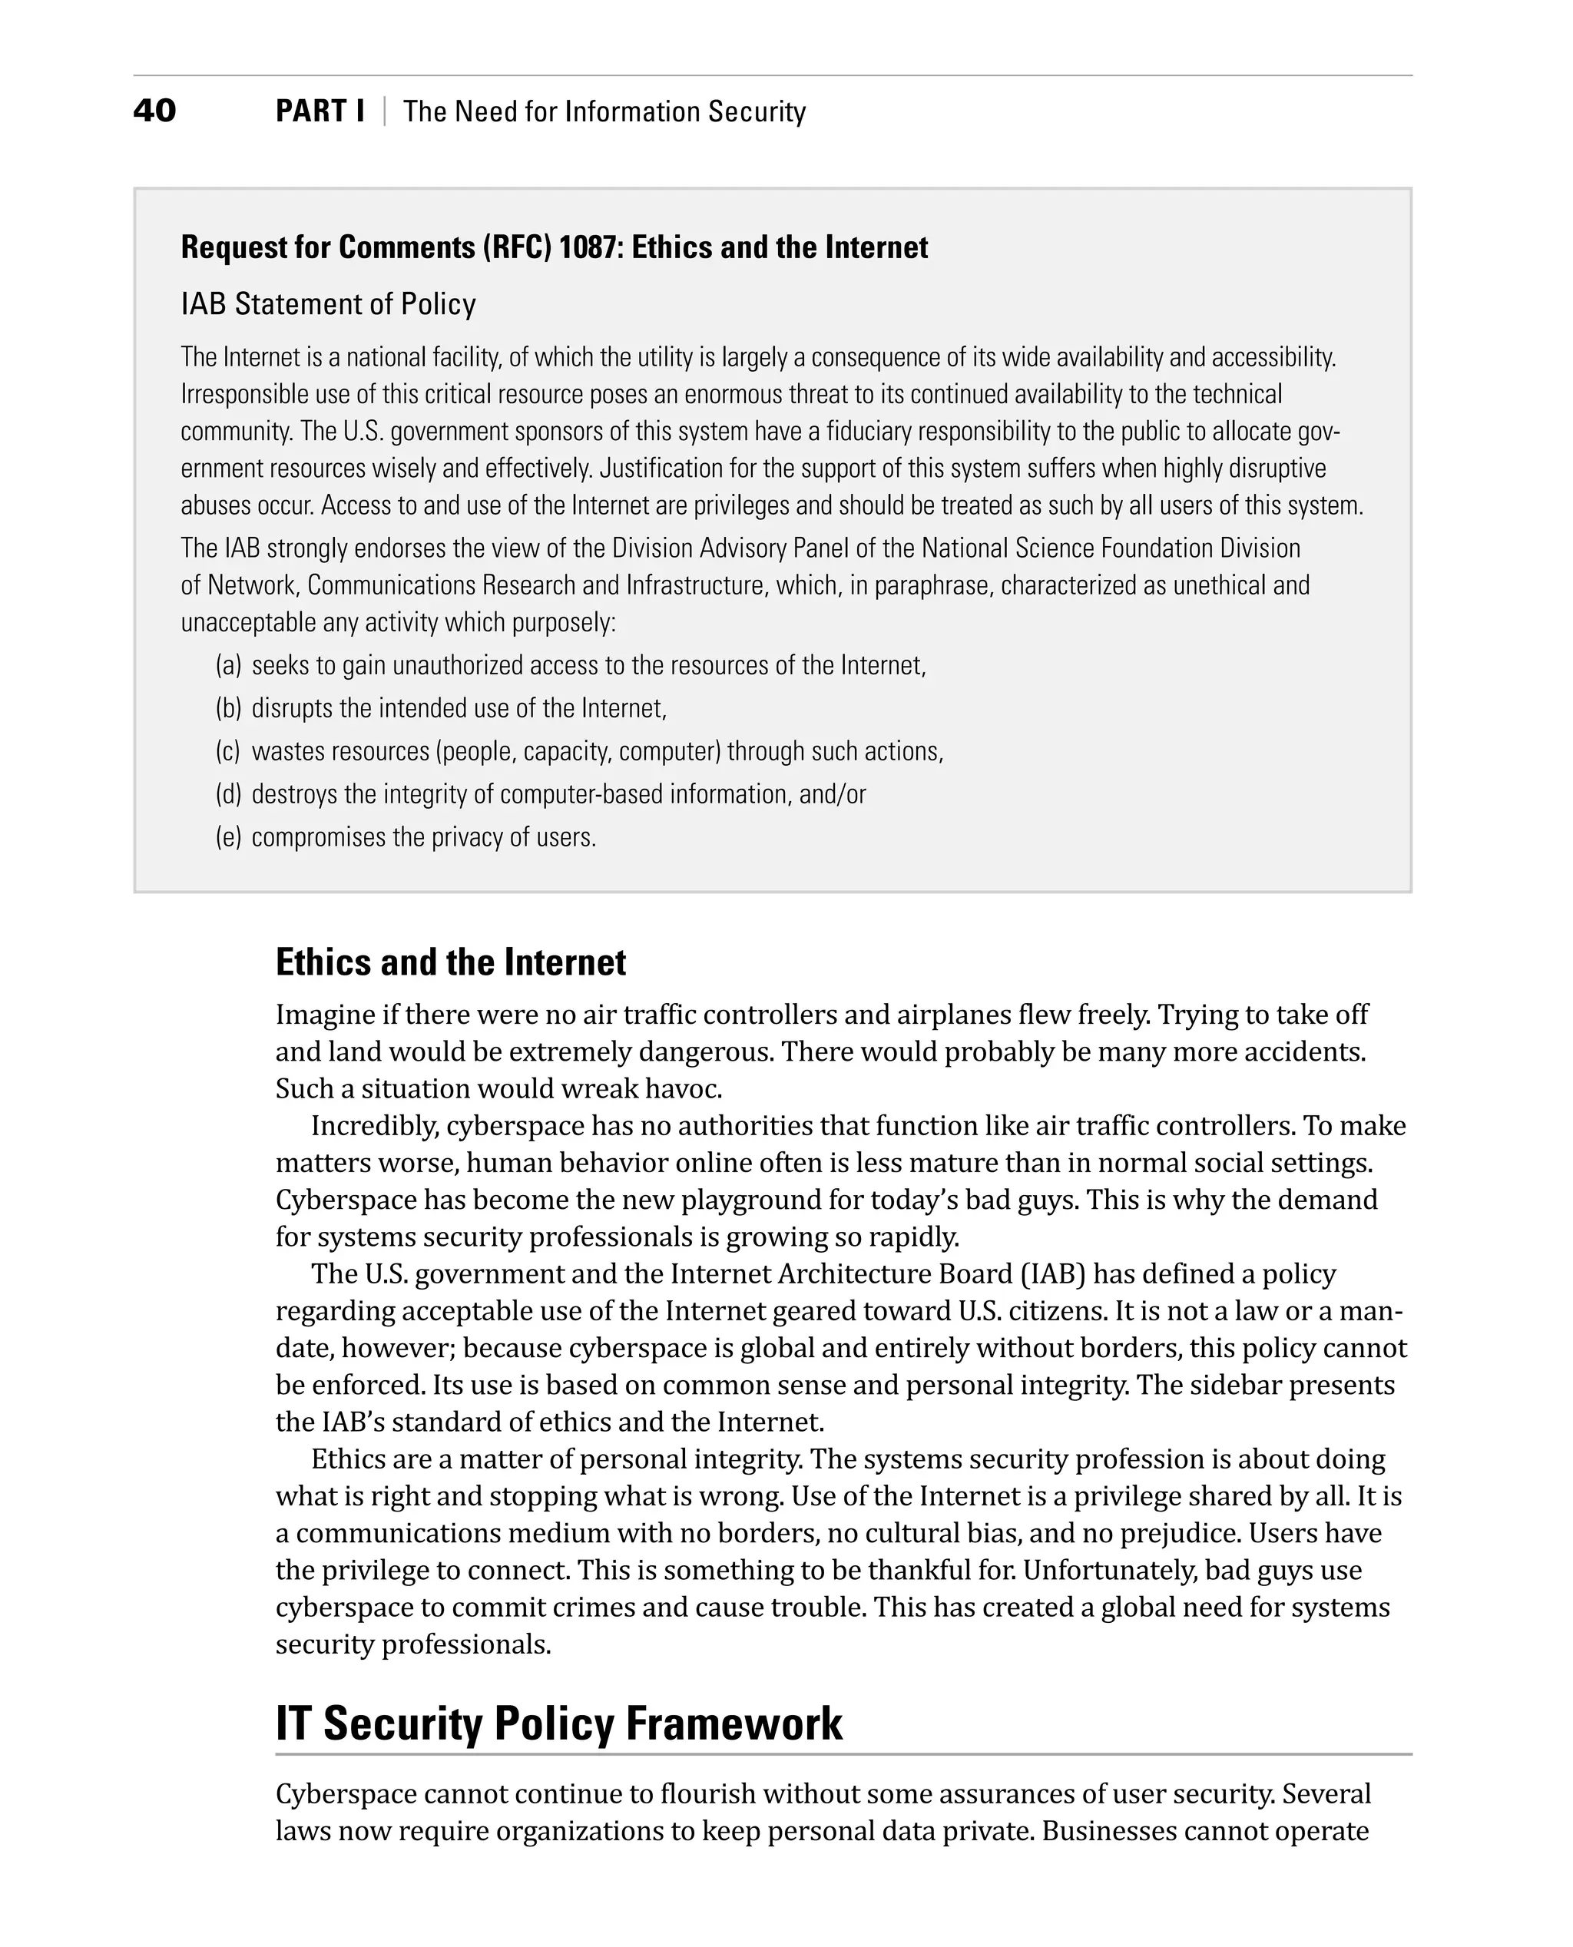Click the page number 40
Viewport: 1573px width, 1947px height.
tap(154, 111)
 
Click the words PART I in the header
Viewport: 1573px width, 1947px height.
tap(320, 111)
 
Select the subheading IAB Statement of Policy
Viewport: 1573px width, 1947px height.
tap(328, 303)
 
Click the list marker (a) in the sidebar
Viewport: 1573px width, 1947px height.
tap(228, 666)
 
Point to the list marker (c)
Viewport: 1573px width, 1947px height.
tap(227, 752)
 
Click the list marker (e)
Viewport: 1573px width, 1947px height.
tap(228, 837)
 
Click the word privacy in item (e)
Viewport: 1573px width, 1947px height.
tap(468, 837)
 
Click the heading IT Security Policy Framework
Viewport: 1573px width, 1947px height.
tap(558, 1723)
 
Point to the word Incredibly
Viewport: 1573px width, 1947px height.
tap(374, 1125)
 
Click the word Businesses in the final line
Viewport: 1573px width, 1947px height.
tap(1108, 1831)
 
